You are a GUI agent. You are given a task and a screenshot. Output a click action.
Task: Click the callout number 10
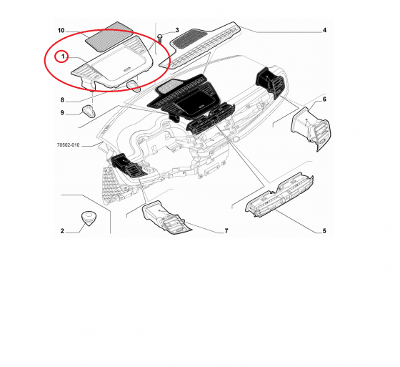coord(61,31)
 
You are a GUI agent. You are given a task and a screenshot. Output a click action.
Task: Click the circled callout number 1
coord(63,57)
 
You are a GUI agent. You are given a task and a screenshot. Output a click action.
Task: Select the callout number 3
coord(177,31)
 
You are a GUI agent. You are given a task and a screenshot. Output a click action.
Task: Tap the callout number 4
coord(324,30)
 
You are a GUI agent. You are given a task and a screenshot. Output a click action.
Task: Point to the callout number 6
coord(324,99)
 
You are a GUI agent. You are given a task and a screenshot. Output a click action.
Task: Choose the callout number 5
coord(324,231)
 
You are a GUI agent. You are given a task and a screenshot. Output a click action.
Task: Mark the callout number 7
coord(226,231)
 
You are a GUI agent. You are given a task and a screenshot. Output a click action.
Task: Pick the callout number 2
coord(62,231)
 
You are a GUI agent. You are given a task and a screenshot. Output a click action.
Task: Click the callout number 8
coord(62,100)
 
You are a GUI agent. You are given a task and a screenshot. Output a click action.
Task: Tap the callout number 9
coord(62,113)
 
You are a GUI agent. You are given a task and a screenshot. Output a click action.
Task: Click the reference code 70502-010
coord(68,145)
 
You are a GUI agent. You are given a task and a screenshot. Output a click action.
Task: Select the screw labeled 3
coord(160,39)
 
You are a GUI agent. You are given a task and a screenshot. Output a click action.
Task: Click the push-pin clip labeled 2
coord(89,218)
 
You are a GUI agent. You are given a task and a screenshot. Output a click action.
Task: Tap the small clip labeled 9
coord(89,112)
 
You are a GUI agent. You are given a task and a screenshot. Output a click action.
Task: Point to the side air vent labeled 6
coord(311,129)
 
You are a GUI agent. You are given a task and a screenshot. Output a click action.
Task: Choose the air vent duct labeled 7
coord(166,217)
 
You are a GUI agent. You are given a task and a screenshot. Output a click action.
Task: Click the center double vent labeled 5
coord(279,195)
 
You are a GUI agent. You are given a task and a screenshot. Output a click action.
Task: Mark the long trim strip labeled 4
coord(200,46)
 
